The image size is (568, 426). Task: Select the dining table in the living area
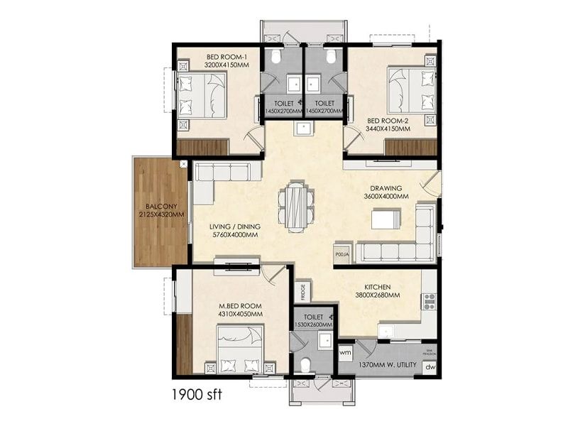coord(295,207)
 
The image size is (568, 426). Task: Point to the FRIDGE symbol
coord(302,291)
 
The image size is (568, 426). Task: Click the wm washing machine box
coord(346,353)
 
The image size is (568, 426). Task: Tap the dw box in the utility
coord(429,367)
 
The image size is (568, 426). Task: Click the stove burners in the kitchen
coord(429,302)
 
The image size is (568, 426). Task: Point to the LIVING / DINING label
coord(235,226)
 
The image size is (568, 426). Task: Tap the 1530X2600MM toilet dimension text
coord(313,325)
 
